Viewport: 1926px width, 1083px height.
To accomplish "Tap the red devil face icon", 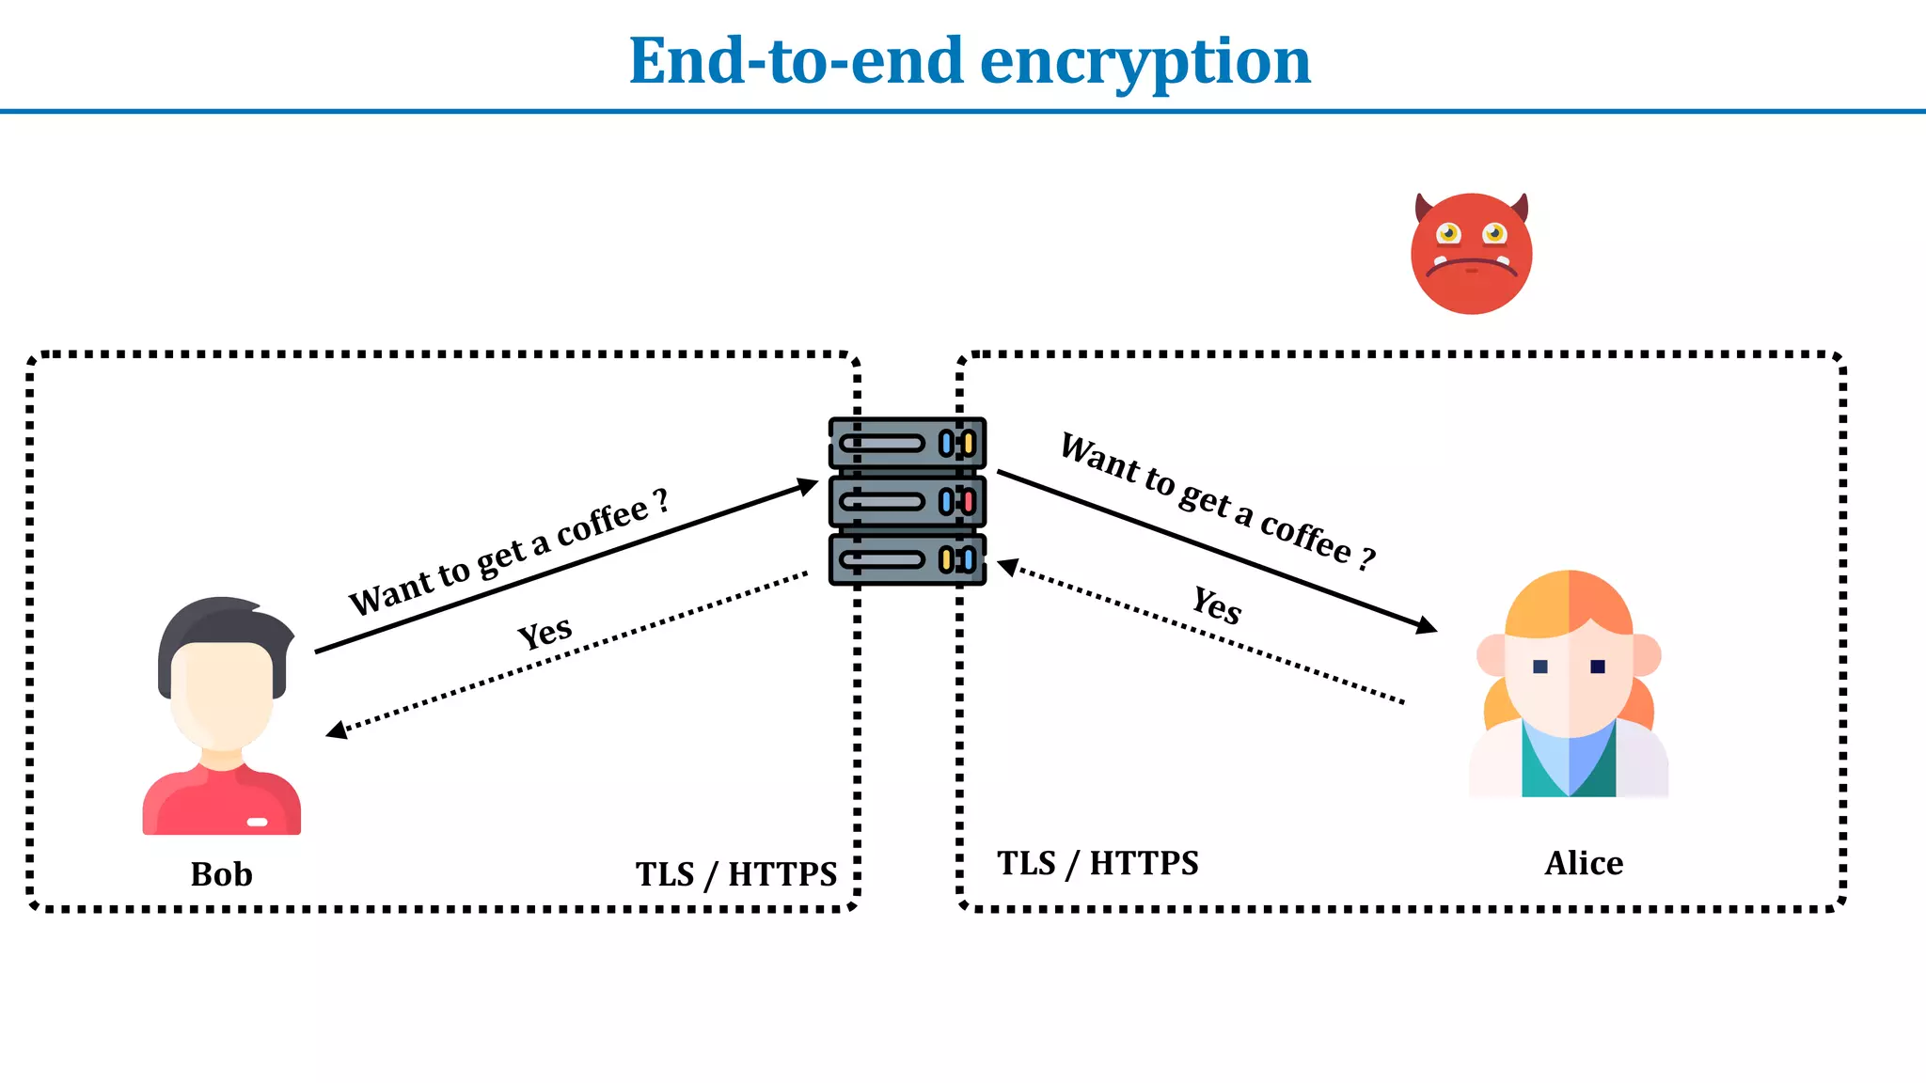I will (1471, 254).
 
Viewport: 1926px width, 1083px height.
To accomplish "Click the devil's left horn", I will (1424, 207).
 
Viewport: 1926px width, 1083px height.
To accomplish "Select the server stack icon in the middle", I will (908, 501).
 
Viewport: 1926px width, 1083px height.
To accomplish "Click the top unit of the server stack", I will (908, 444).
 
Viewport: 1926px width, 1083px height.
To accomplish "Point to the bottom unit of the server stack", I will (908, 560).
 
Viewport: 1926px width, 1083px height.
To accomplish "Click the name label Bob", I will (221, 874).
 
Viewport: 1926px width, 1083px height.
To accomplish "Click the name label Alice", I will (1584, 863).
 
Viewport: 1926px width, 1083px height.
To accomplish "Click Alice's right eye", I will (1598, 667).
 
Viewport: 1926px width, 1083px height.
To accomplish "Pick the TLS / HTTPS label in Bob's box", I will (735, 874).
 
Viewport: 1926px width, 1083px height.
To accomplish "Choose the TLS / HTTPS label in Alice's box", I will (1097, 863).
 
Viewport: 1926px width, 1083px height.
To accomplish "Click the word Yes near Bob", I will (545, 632).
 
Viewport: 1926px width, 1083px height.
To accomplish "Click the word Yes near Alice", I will (1217, 604).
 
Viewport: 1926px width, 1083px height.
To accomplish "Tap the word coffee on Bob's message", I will (602, 521).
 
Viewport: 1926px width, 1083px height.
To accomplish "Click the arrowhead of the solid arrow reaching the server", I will (807, 487).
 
